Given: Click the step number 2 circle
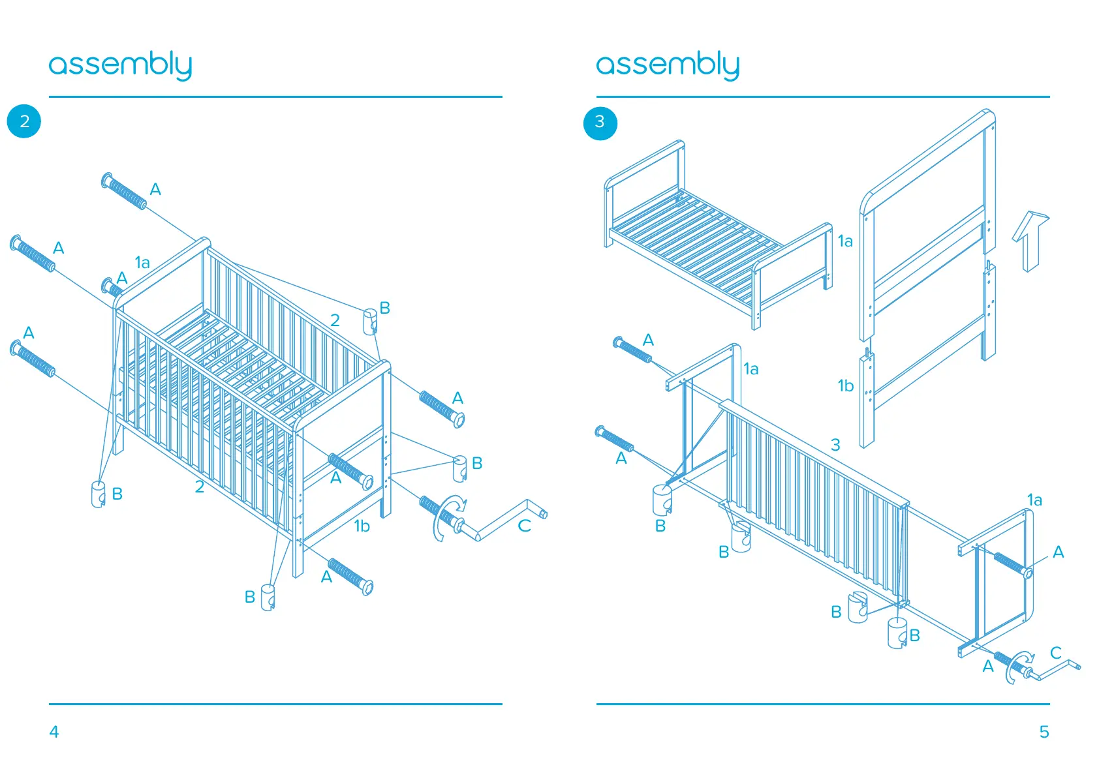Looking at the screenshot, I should click(24, 121).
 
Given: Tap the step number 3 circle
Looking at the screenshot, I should click(600, 123).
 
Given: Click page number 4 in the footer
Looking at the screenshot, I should click(54, 732).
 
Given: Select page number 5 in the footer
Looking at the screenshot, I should click(1044, 732).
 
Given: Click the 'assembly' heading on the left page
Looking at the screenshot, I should click(120, 65).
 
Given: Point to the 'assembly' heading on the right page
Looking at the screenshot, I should click(667, 65).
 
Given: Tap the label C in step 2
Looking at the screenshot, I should click(524, 526).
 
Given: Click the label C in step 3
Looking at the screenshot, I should click(1055, 652).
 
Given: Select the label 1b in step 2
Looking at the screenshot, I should click(362, 526).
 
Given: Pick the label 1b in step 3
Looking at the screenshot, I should click(845, 386).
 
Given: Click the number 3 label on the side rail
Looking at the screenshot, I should click(835, 445).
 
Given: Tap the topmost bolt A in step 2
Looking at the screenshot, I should click(124, 190).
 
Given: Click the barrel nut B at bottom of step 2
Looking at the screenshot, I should click(268, 597).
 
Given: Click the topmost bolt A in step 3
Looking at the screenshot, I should click(632, 350).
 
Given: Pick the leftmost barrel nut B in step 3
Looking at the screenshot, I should click(662, 499).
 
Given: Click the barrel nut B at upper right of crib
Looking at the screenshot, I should click(370, 321).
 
